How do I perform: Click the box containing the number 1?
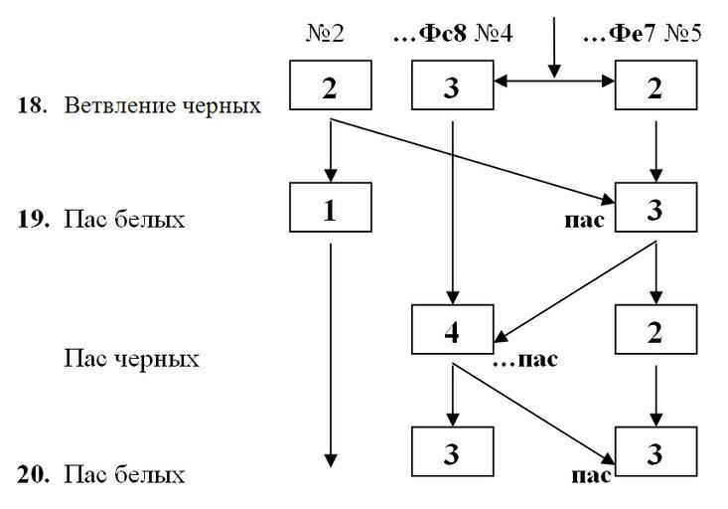(x=331, y=210)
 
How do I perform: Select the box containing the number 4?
(x=453, y=331)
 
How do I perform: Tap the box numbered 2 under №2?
(x=331, y=87)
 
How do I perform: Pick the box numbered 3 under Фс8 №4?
(x=453, y=87)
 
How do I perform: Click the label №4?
(x=493, y=33)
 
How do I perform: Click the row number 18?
(x=31, y=105)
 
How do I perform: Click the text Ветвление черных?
(x=163, y=105)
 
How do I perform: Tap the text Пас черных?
(x=131, y=358)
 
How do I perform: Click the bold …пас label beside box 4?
(x=525, y=359)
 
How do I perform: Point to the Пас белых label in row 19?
(x=124, y=219)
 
